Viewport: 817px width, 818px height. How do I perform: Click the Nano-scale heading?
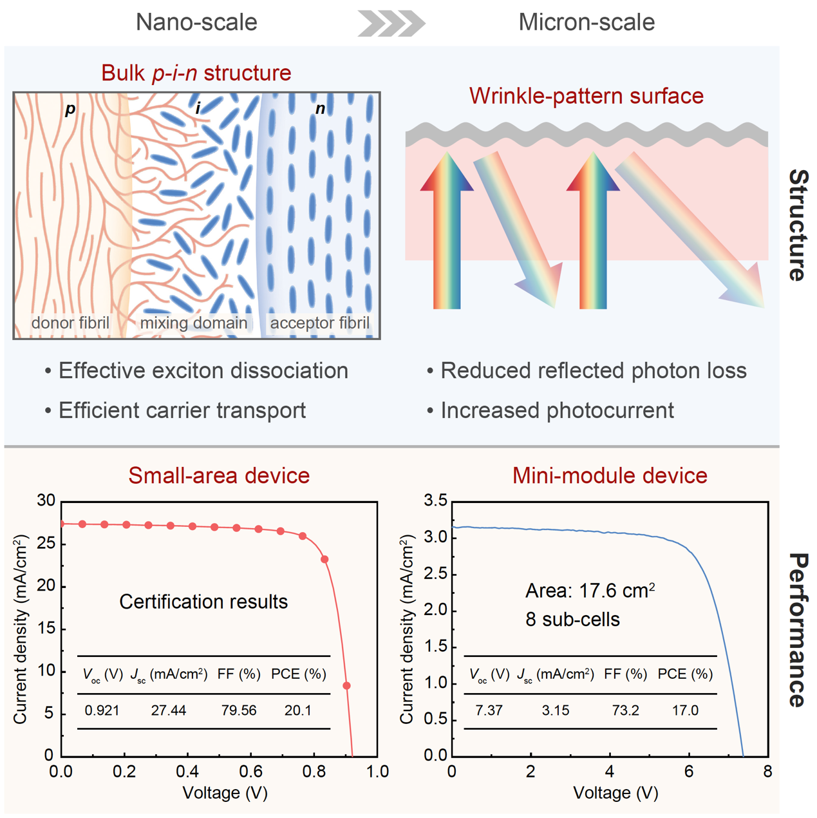(x=196, y=23)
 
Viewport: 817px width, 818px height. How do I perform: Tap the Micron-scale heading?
(x=587, y=23)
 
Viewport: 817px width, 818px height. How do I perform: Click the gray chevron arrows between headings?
(x=391, y=23)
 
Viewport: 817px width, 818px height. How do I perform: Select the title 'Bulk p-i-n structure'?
(x=196, y=73)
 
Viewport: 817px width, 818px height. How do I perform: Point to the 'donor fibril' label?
(x=70, y=323)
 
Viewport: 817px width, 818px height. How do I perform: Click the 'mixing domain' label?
(x=194, y=323)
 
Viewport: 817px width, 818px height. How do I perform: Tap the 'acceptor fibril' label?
(x=319, y=323)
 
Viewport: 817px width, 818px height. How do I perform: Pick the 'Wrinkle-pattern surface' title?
(x=586, y=96)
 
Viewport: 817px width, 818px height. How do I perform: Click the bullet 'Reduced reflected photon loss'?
(x=593, y=371)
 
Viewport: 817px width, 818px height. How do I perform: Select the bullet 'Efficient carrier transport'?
(x=182, y=411)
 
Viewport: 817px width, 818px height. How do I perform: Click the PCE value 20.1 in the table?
(x=297, y=710)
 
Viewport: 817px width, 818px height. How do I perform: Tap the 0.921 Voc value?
(x=102, y=710)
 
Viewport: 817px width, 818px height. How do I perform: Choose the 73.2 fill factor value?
(x=625, y=710)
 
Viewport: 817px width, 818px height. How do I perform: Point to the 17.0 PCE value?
(x=685, y=710)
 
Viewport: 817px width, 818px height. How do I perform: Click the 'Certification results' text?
(x=203, y=602)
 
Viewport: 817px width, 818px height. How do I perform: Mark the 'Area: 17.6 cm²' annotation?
(x=590, y=591)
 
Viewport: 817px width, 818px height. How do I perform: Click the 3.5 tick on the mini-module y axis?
(x=435, y=501)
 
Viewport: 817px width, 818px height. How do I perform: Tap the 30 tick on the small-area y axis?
(x=46, y=500)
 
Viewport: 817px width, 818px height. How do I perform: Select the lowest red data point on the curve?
(x=346, y=686)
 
